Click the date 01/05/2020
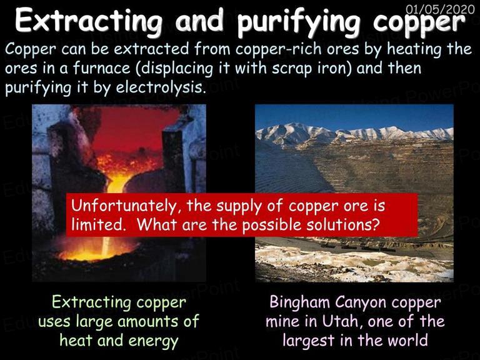440,9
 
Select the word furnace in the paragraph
102,68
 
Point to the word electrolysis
160,87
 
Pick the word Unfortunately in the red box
124,206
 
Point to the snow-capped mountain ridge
354,132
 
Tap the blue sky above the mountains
354,116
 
